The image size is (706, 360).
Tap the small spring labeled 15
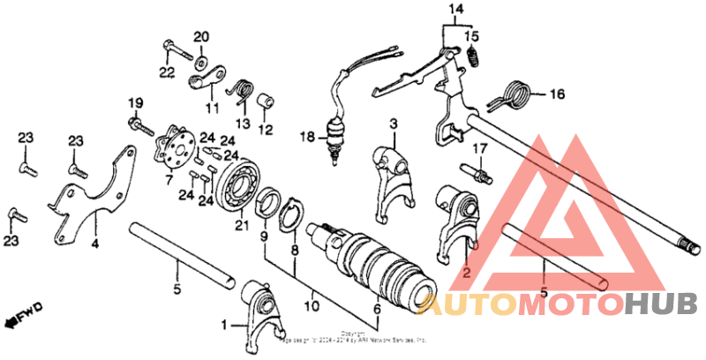pyautogui.click(x=474, y=59)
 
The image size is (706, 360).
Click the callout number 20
pyautogui.click(x=201, y=36)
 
